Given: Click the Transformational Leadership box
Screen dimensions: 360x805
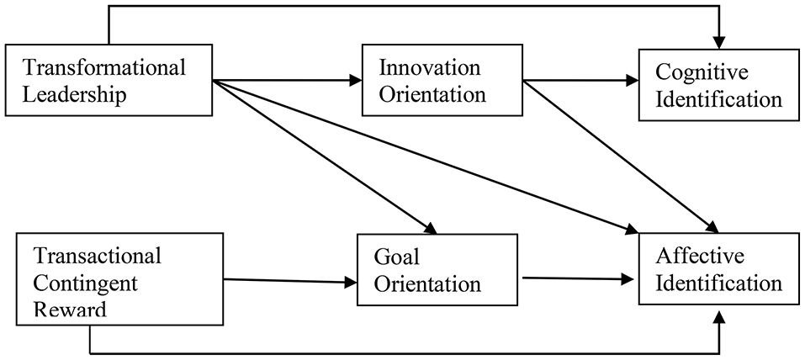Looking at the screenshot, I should pos(109,81).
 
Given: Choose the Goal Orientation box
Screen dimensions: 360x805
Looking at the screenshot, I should pos(433,271).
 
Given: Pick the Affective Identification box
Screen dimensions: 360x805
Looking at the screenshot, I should pos(720,270).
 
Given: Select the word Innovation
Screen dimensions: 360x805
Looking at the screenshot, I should pos(429,67).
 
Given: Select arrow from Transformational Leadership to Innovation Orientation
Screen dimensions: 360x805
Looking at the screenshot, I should pos(286,82).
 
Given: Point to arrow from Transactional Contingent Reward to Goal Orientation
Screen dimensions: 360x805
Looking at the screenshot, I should pos(286,281).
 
